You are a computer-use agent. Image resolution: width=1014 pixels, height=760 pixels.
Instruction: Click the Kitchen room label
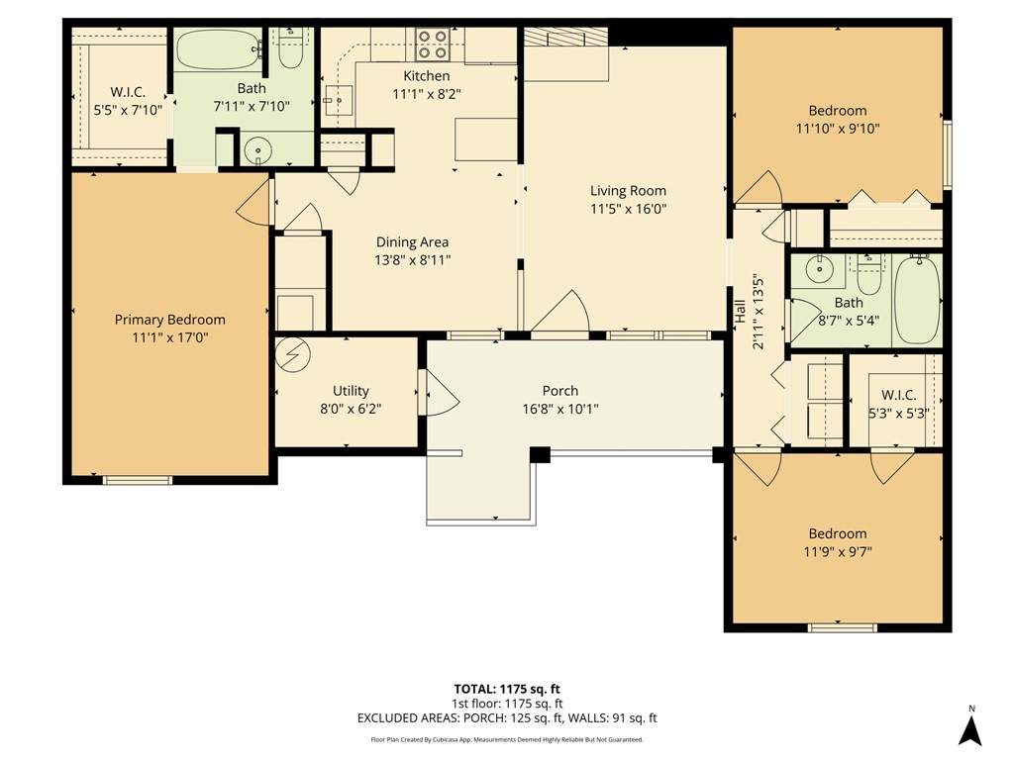pyautogui.click(x=426, y=76)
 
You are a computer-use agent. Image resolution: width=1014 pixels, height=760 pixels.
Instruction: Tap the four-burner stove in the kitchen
pyautogui.click(x=432, y=44)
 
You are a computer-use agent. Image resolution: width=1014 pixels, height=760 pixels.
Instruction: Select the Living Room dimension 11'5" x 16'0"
pyautogui.click(x=628, y=209)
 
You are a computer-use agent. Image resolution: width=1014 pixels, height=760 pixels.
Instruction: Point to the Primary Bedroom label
pyautogui.click(x=170, y=320)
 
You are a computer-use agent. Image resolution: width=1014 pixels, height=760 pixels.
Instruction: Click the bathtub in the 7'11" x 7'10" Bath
pyautogui.click(x=219, y=49)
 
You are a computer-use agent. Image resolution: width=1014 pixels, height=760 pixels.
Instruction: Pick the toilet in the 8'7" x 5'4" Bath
pyautogui.click(x=867, y=275)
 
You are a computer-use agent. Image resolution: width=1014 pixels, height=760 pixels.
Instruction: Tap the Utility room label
pyautogui.click(x=351, y=391)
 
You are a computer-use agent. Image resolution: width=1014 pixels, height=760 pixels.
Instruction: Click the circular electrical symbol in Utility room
pyautogui.click(x=293, y=355)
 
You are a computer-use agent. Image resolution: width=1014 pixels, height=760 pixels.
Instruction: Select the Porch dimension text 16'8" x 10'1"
pyautogui.click(x=560, y=409)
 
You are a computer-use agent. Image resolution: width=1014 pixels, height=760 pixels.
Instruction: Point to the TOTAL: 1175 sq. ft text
pyautogui.click(x=507, y=689)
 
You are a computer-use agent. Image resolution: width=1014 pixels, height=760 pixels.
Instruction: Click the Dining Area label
pyautogui.click(x=413, y=242)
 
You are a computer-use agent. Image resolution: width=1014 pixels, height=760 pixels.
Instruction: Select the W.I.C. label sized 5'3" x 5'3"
pyautogui.click(x=899, y=395)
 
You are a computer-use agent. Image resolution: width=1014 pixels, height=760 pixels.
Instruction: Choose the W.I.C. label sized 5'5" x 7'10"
pyautogui.click(x=128, y=92)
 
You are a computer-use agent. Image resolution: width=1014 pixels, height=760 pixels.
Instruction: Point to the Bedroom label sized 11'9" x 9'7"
pyautogui.click(x=838, y=533)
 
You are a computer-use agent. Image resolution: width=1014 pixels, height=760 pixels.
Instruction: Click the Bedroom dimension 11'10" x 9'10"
pyautogui.click(x=838, y=129)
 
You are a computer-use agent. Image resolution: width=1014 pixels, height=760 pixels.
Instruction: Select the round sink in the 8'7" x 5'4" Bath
pyautogui.click(x=819, y=270)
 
